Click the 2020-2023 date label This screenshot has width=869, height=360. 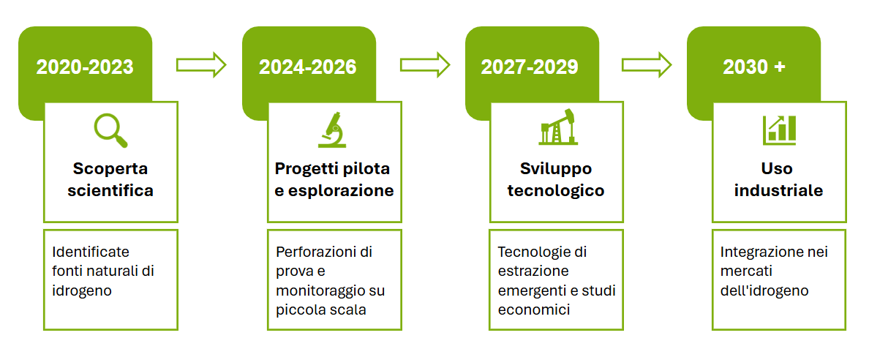pos(85,67)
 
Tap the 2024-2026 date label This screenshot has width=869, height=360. pos(307,67)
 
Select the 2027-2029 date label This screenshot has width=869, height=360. pos(530,67)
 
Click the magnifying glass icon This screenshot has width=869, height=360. pos(110,130)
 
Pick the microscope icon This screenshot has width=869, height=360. pos(333,130)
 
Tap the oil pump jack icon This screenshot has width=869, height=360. pos(557,127)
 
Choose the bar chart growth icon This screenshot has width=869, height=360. pos(779,130)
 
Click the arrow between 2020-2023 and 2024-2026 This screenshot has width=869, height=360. pos(201,65)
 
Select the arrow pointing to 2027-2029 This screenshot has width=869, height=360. pos(425,65)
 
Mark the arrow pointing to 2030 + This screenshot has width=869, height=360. pos(647,65)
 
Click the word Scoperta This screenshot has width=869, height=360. pos(110,168)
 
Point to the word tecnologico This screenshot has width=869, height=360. pos(556,191)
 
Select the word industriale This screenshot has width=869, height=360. pos(778,191)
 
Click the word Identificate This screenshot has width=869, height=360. pos(91,252)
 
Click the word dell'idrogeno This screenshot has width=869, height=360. pos(765,290)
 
